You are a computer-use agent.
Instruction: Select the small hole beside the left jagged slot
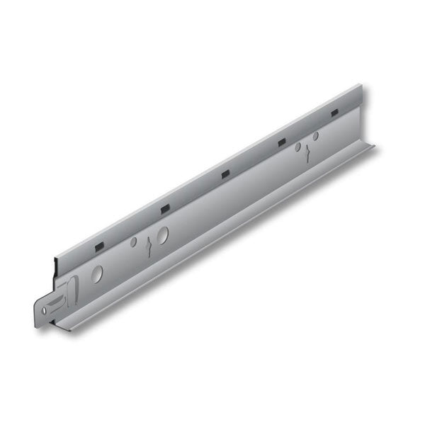[x=134, y=242]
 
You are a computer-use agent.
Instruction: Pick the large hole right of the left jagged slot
[x=163, y=236]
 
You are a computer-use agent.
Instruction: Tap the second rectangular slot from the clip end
[x=165, y=208]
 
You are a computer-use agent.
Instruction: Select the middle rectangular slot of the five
[x=225, y=174]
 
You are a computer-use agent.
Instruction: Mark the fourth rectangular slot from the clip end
[x=281, y=142]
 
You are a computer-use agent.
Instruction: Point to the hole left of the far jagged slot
[x=298, y=147]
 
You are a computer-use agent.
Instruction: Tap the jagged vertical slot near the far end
[x=308, y=154]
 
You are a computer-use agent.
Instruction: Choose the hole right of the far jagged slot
[x=316, y=135]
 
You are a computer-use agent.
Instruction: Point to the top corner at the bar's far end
[x=360, y=86]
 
